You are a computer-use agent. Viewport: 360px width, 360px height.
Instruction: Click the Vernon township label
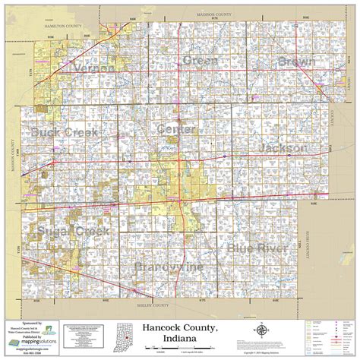tap(94, 68)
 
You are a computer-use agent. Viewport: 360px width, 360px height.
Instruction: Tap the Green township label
tap(200, 60)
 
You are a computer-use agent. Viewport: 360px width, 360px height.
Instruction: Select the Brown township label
tap(295, 61)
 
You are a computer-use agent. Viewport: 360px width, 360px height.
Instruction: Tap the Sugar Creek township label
tap(67, 230)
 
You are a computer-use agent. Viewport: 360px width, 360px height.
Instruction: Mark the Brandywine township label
tap(169, 267)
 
